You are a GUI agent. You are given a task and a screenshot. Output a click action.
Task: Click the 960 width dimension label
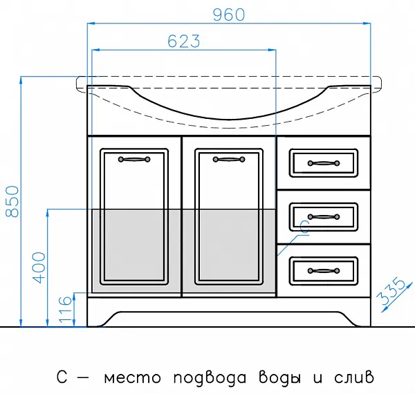coord(229,15)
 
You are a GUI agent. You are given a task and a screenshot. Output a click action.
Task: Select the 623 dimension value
coord(184,41)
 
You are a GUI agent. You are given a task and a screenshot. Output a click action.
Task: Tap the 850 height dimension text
coord(12,202)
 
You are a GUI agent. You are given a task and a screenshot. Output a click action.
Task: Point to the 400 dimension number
coord(39,268)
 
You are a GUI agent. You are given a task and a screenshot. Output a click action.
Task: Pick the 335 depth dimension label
coord(391,292)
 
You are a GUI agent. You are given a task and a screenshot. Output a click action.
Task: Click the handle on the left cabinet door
coord(134,159)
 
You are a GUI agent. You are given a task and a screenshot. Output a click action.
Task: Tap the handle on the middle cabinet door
coord(229,159)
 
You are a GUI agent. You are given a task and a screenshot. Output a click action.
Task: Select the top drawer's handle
coord(324,163)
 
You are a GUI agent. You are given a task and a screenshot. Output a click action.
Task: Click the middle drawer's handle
coord(324,217)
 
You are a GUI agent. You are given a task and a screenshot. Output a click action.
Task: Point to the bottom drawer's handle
coord(324,270)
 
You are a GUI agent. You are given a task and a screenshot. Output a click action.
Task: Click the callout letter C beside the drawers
coord(304,227)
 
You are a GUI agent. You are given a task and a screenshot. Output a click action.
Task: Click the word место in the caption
coord(132,378)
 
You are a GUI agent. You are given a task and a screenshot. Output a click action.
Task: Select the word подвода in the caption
coord(210,377)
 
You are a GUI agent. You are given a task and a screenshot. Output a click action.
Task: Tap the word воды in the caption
coord(279,377)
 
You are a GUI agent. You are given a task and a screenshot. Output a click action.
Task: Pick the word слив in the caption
coord(354,377)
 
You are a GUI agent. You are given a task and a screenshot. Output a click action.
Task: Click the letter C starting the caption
coord(62,377)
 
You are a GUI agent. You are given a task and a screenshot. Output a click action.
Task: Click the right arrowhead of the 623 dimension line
coord(272,50)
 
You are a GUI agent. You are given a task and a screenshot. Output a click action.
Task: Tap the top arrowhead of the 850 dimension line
coord(21,80)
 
